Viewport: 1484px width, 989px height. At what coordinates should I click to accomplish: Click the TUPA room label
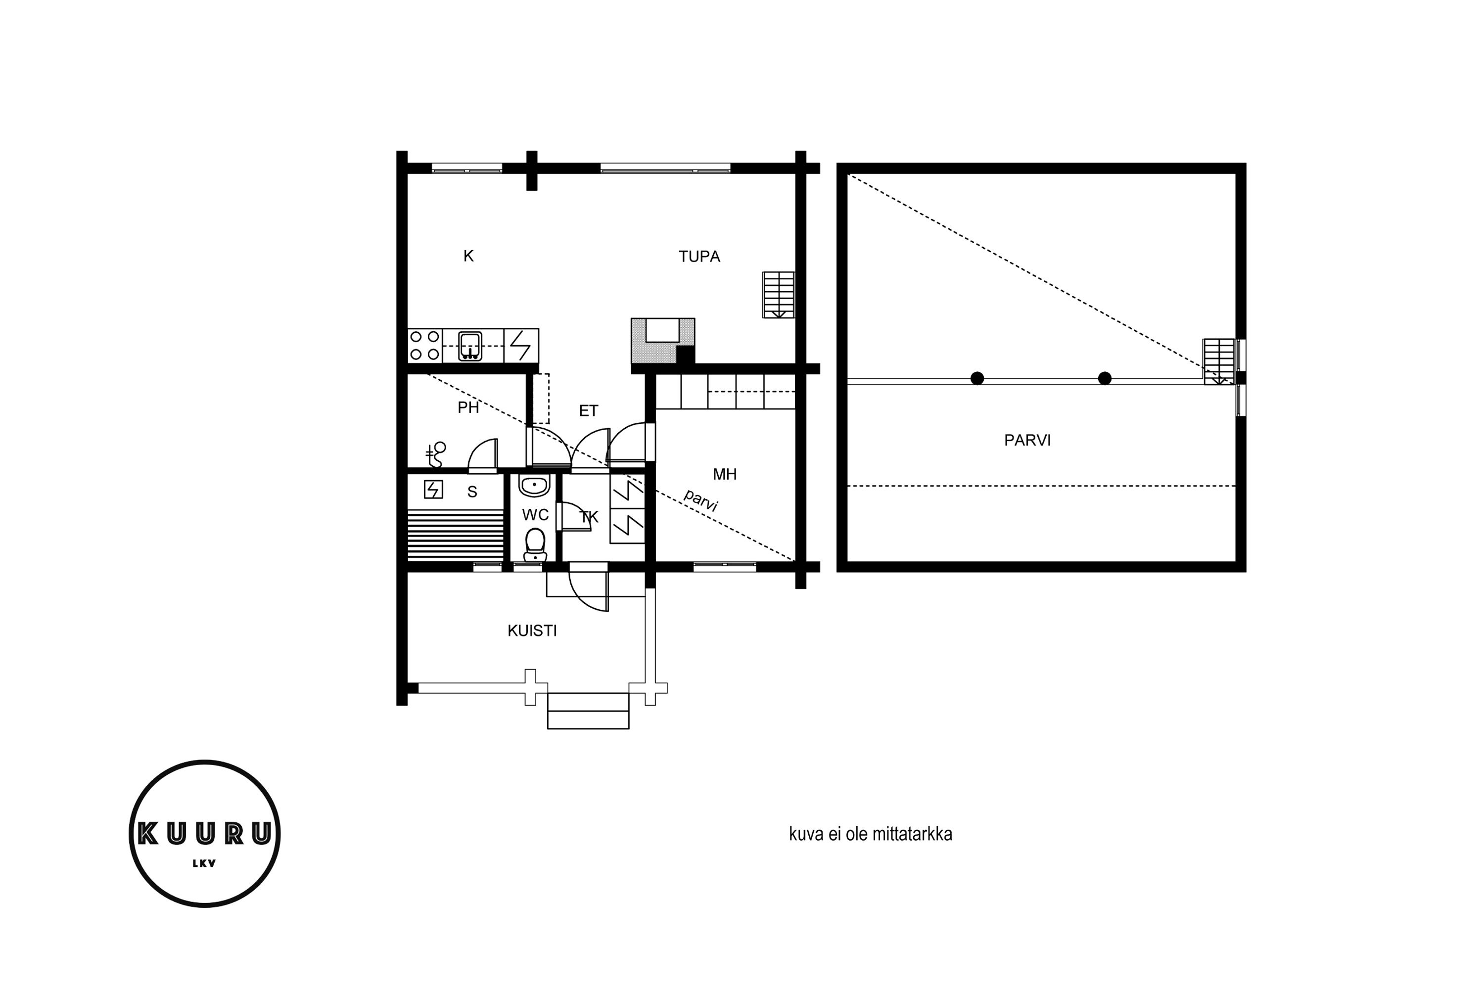tap(699, 257)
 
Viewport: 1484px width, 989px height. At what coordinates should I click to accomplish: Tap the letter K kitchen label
tap(468, 256)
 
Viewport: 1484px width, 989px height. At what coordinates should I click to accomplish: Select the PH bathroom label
tap(468, 408)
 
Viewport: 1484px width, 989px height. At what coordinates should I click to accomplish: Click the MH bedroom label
tap(724, 474)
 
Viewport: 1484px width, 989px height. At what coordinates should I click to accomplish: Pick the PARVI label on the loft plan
tap(1027, 440)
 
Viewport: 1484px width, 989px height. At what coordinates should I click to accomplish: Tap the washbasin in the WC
tap(534, 486)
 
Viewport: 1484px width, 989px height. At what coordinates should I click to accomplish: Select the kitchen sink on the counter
tap(470, 346)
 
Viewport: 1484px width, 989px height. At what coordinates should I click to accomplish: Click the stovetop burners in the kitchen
tap(424, 346)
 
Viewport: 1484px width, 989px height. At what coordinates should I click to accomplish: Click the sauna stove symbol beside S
tap(433, 490)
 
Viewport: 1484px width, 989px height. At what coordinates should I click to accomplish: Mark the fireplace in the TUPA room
tap(662, 341)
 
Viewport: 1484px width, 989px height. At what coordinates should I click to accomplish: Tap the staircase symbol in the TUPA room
tap(778, 295)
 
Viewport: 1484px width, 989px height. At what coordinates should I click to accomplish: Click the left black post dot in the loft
tap(976, 378)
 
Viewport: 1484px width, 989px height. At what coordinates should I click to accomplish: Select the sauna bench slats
tap(456, 536)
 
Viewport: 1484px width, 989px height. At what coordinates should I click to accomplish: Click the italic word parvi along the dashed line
tap(700, 500)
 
